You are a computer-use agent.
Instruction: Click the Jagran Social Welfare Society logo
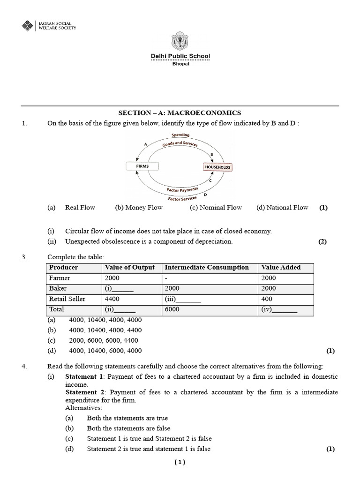coord(29,26)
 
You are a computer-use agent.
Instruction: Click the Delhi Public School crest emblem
coord(180,42)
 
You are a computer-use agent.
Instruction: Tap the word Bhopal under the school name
coord(180,64)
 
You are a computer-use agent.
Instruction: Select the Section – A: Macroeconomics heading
coord(180,113)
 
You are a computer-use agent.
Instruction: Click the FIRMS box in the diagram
coord(142,166)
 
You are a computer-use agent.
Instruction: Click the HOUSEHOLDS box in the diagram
coord(217,167)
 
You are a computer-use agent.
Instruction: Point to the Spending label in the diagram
coord(180,135)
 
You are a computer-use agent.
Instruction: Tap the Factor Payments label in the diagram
coord(182,190)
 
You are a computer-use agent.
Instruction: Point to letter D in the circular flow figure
coord(206,194)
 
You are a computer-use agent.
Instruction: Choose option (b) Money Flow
coord(139,208)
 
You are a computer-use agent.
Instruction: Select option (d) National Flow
coord(282,208)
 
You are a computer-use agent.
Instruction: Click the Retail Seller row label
coord(66,299)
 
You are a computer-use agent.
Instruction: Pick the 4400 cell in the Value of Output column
coord(112,299)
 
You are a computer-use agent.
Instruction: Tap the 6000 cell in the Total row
coord(172,310)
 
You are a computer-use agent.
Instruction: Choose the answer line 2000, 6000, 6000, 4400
coord(103,340)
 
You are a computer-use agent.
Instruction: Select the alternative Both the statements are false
coord(128,428)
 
